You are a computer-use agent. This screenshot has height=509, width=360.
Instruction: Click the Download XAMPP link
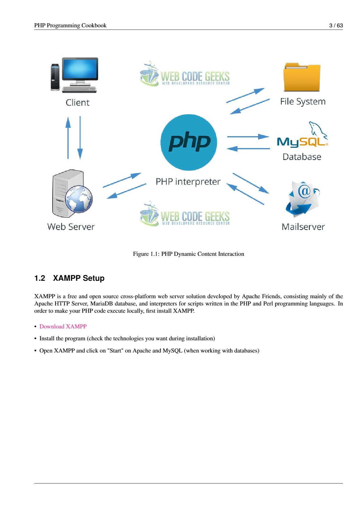pyautogui.click(x=63, y=326)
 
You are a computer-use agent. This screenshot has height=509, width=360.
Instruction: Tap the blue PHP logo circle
pyautogui.click(x=189, y=142)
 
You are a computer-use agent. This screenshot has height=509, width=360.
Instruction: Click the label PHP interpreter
pyautogui.click(x=188, y=182)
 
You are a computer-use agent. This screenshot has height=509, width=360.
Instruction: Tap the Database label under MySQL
pyautogui.click(x=302, y=157)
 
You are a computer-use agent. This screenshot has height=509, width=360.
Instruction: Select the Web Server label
pyautogui.click(x=71, y=227)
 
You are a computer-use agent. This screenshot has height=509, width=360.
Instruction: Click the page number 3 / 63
pyautogui.click(x=336, y=26)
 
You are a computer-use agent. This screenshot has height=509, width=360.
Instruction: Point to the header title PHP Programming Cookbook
pyautogui.click(x=70, y=26)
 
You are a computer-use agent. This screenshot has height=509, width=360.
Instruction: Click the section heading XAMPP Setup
pyautogui.click(x=79, y=278)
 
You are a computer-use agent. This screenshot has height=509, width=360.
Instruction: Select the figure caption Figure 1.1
pyautogui.click(x=188, y=254)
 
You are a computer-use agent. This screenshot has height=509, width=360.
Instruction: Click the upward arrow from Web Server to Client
pyautogui.click(x=68, y=138)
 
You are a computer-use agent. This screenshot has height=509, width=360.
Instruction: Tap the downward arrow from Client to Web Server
pyautogui.click(x=80, y=138)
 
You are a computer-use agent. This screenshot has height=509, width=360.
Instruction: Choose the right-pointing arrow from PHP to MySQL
pyautogui.click(x=248, y=136)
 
